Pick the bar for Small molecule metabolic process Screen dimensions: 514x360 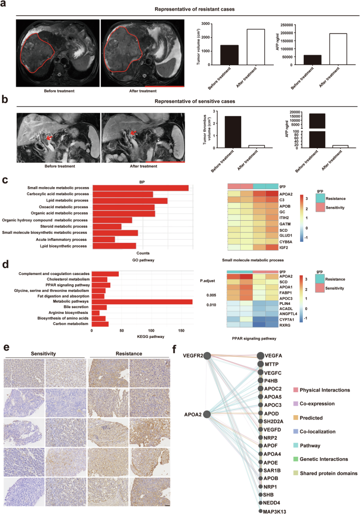(140, 188)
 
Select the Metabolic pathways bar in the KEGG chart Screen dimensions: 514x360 (142, 302)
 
